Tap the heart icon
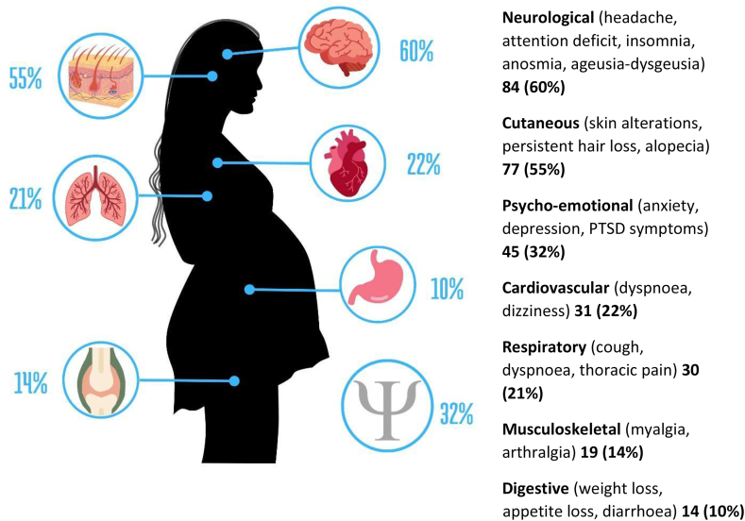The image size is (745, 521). pos(348,163)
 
